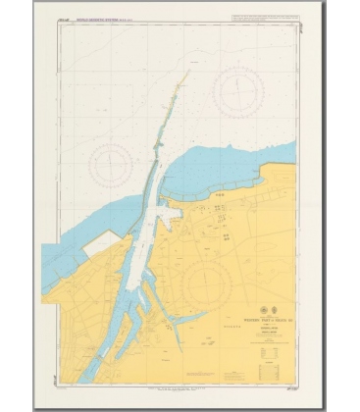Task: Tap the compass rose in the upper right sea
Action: click(238, 94)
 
